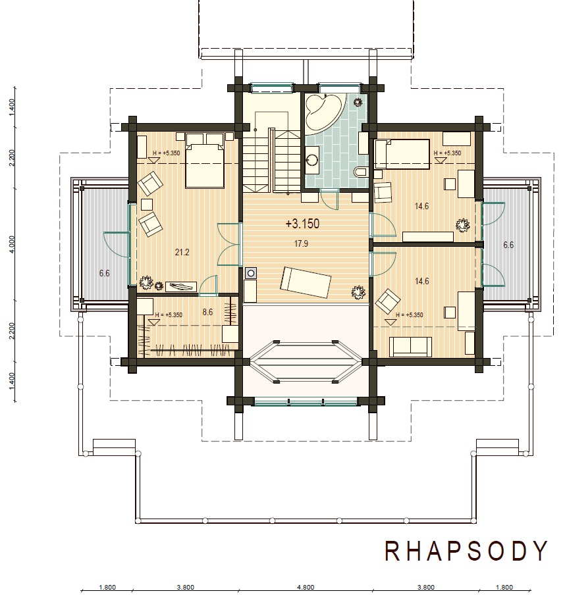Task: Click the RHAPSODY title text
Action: coord(466,551)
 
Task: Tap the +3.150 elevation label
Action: coord(302,224)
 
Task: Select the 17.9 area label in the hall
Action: coord(301,244)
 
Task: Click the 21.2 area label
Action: coord(182,253)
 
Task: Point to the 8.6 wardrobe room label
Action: coord(207,312)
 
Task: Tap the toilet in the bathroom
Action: coord(362,171)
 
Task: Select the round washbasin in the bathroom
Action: coord(312,159)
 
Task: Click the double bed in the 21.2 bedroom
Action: coord(205,160)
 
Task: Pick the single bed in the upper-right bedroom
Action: coord(402,155)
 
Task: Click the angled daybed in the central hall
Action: coord(306,282)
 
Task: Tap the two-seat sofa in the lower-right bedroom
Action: coord(410,346)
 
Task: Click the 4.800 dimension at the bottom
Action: coord(306,588)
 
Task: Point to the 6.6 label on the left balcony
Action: coord(105,273)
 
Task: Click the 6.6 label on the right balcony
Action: coord(508,245)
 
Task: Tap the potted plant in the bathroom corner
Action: coord(358,102)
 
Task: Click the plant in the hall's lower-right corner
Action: coord(358,293)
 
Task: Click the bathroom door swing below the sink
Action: coord(329,201)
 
